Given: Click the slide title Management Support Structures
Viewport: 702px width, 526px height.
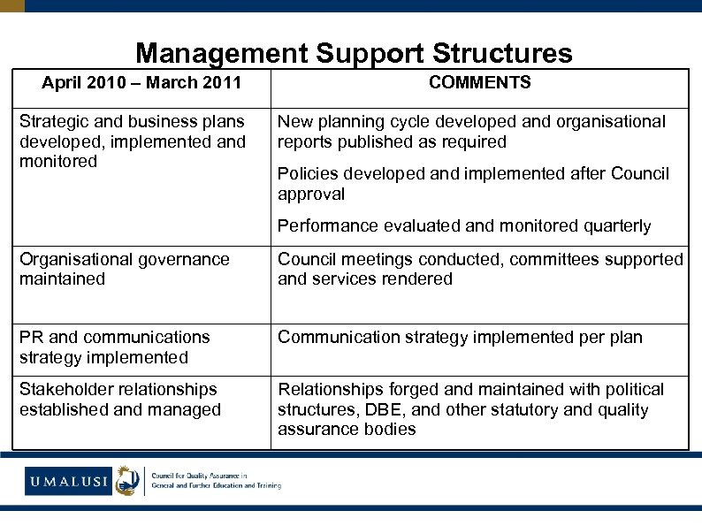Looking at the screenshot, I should click(354, 54).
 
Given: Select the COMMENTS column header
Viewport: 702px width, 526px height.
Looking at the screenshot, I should click(479, 83).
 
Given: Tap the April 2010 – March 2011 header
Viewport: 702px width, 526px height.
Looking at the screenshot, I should click(142, 83).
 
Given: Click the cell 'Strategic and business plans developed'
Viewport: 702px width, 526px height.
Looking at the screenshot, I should click(133, 141).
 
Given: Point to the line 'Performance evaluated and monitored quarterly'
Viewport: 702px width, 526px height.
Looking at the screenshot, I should click(464, 226).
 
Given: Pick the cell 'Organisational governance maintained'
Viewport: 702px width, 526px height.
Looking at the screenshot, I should click(125, 269).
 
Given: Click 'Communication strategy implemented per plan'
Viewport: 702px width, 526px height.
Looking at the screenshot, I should click(460, 337).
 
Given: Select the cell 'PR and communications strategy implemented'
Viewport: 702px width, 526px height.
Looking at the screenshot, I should click(115, 347).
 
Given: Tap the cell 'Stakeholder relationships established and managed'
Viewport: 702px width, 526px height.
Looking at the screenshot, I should click(120, 399).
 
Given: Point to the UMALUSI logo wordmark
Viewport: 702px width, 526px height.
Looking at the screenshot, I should click(67, 482).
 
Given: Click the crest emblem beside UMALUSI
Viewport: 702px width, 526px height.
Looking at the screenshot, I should click(128, 480).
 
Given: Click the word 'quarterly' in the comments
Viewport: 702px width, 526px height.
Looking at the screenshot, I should click(617, 226).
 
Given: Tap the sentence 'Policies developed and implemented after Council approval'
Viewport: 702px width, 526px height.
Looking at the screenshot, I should click(473, 184).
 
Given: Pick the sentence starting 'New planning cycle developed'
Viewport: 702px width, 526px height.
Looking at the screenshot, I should click(471, 132).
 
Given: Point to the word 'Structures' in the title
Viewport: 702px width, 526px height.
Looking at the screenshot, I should click(502, 54).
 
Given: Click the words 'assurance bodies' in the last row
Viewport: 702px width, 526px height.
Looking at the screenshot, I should click(347, 430).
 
